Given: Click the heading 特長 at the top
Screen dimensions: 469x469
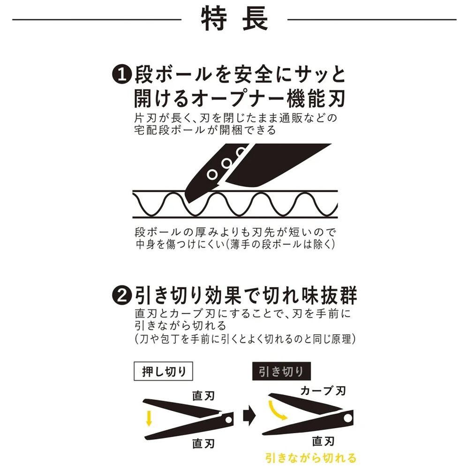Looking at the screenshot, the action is (x=234, y=19).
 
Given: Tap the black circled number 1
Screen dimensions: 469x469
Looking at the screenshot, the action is (x=122, y=75).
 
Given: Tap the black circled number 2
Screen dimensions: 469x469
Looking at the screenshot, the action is (x=122, y=296).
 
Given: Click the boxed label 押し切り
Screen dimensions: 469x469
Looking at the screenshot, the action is (x=163, y=371).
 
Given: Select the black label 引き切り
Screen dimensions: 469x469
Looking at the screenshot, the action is (x=281, y=371).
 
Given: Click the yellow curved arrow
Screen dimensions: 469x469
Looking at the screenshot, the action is (x=278, y=411).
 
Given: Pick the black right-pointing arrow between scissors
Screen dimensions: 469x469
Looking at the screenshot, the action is (x=250, y=416).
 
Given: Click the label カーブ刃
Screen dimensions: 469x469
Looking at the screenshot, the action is (x=323, y=391).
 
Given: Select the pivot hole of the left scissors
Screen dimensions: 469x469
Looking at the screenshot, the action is (x=229, y=420).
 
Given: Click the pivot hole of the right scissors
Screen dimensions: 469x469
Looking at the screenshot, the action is (x=348, y=418).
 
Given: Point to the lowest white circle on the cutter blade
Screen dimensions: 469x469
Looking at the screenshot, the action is (x=212, y=174).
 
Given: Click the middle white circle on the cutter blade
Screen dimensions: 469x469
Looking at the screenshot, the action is (x=227, y=163).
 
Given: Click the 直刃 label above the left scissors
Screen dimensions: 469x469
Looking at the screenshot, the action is (x=204, y=395).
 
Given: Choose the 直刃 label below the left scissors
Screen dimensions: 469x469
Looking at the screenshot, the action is (x=204, y=443).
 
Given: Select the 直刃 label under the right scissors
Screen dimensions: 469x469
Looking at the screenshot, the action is (x=323, y=441).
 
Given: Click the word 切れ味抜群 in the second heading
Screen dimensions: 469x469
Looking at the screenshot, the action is (x=309, y=295).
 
